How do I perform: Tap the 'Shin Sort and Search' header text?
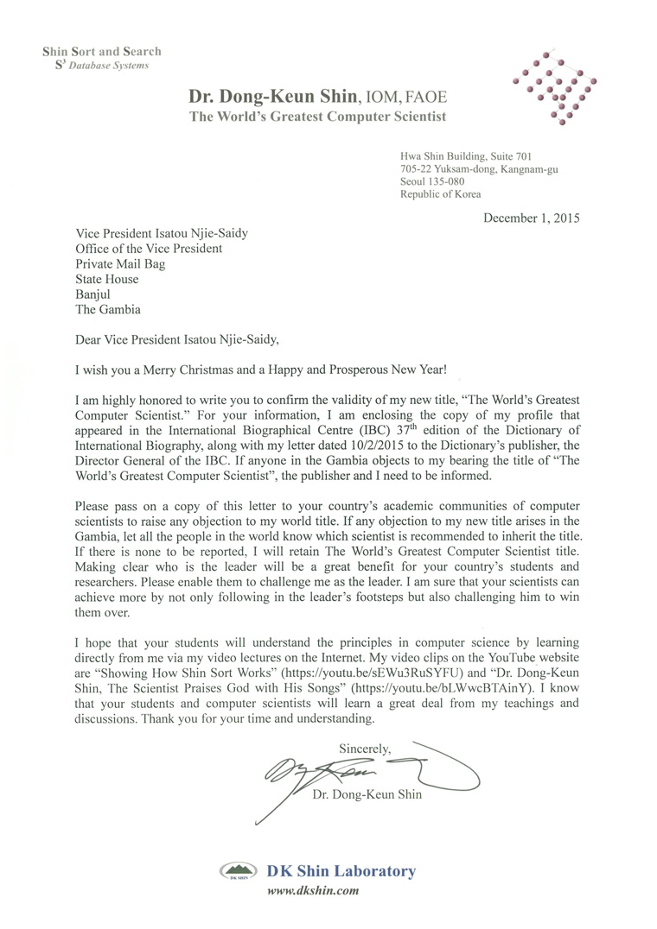pos(102,52)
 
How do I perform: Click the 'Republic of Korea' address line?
pos(441,195)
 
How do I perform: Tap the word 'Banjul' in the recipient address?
pos(94,294)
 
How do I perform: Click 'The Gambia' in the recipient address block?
pos(108,310)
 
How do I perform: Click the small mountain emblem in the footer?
pos(238,871)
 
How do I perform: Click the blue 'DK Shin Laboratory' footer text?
pos(343,871)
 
